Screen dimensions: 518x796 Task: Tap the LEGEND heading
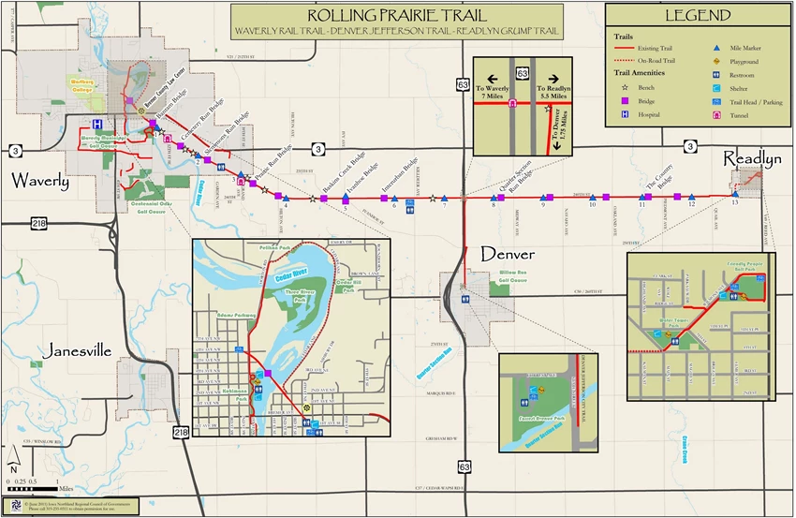click(x=698, y=15)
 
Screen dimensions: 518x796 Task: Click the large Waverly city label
click(x=40, y=181)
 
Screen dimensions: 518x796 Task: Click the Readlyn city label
click(x=751, y=160)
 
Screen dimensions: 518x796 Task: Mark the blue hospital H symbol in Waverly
click(x=96, y=124)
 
